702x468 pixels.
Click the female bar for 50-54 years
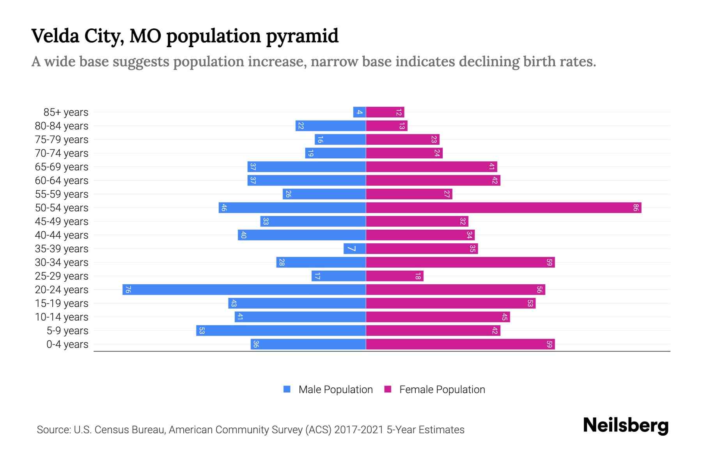[503, 208]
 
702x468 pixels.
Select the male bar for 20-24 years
[244, 290]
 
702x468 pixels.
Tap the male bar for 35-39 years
[355, 249]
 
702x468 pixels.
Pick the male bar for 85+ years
[359, 112]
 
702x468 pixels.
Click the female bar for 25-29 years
[394, 276]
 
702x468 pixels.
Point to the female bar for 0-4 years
[460, 344]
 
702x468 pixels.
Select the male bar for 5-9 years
[281, 331]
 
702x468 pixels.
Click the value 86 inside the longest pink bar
[635, 208]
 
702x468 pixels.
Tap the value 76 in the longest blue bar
[128, 290]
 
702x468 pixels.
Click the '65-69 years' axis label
[62, 167]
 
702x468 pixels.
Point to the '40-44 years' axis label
[62, 235]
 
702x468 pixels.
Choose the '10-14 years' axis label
[62, 317]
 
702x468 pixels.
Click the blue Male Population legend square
[287, 389]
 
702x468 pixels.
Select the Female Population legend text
[442, 390]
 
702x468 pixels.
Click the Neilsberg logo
[626, 425]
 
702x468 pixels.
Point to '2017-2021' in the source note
[359, 430]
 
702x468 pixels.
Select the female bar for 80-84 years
[386, 126]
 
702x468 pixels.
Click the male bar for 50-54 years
[292, 208]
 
